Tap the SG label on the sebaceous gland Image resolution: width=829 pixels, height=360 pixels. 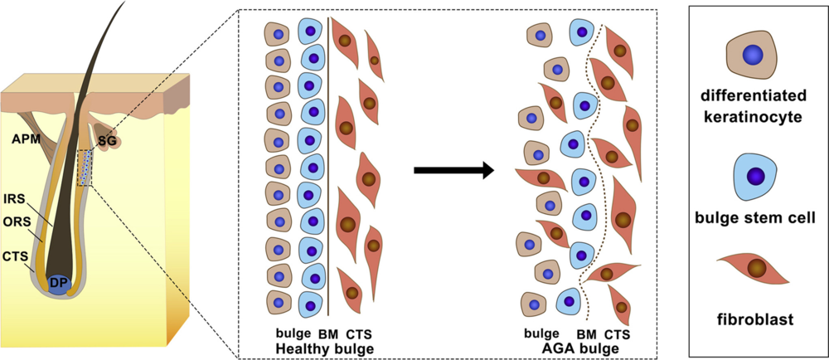(x=107, y=142)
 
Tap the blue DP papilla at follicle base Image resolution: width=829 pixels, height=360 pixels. (x=58, y=283)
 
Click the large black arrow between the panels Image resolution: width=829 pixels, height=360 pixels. (x=453, y=171)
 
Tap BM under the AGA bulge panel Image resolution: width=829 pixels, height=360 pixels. (x=586, y=334)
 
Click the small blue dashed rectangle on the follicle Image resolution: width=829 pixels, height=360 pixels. (x=85, y=168)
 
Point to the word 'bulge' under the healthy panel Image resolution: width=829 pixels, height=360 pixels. (x=295, y=334)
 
